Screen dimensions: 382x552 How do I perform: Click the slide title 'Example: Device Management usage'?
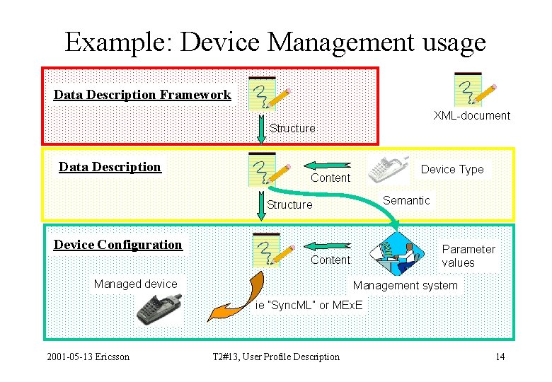275,42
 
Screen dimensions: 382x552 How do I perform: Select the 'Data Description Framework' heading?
142,95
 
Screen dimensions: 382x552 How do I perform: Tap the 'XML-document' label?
471,115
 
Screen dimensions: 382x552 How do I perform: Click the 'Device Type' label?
452,169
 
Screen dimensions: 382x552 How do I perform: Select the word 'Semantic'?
406,200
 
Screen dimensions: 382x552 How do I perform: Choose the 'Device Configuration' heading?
118,245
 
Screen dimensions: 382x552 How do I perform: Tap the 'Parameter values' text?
468,256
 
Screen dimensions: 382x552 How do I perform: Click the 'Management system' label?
406,286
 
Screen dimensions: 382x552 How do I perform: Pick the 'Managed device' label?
136,284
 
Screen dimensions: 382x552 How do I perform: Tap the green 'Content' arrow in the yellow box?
327,165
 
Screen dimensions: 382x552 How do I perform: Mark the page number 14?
500,357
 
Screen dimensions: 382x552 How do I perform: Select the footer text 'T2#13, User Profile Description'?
276,357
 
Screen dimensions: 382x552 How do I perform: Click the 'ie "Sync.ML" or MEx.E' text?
309,305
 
